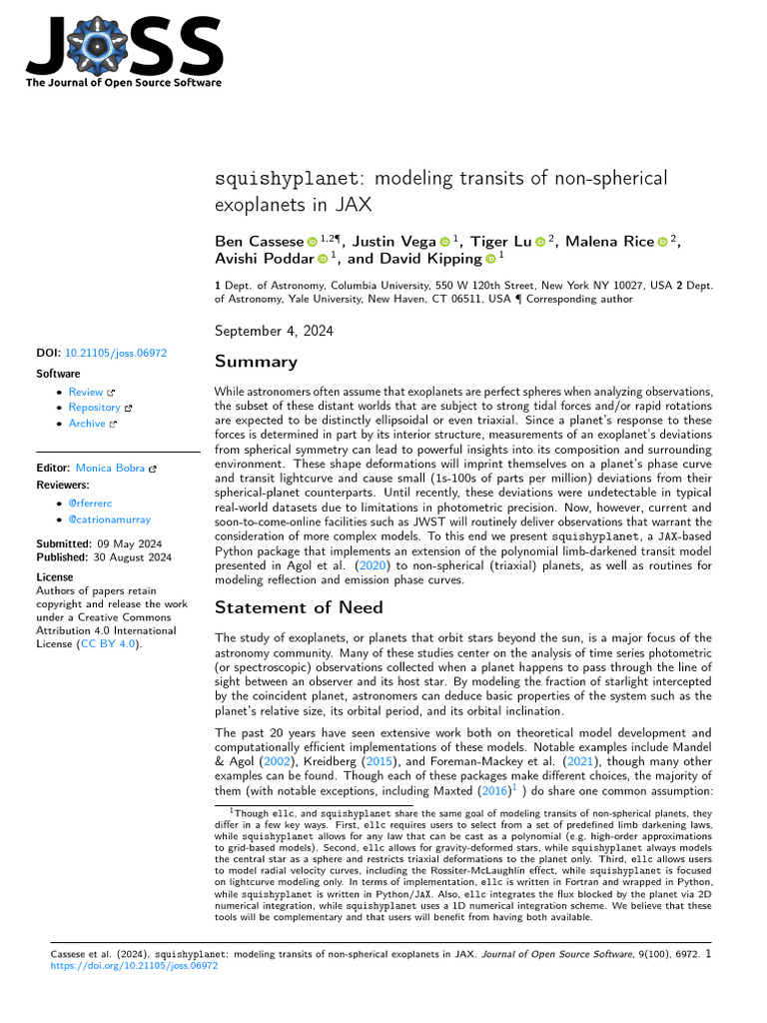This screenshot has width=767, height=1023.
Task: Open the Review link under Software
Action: [x=86, y=393]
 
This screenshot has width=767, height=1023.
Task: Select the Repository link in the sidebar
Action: [x=95, y=408]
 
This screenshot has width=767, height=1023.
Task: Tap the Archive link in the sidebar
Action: [x=87, y=424]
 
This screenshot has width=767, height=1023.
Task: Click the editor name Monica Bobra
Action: [x=111, y=468]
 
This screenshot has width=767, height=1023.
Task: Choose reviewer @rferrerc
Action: [x=92, y=504]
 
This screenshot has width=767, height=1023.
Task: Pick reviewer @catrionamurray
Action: [x=111, y=519]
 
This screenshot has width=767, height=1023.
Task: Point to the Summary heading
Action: [x=256, y=362]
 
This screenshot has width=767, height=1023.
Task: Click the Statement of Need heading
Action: [x=299, y=606]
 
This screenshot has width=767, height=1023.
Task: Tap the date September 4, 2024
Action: [x=275, y=331]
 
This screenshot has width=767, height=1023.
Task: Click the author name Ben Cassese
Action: [x=258, y=241]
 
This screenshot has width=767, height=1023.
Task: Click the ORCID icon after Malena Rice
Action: [x=662, y=241]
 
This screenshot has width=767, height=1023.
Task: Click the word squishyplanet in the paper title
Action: [x=283, y=180]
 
